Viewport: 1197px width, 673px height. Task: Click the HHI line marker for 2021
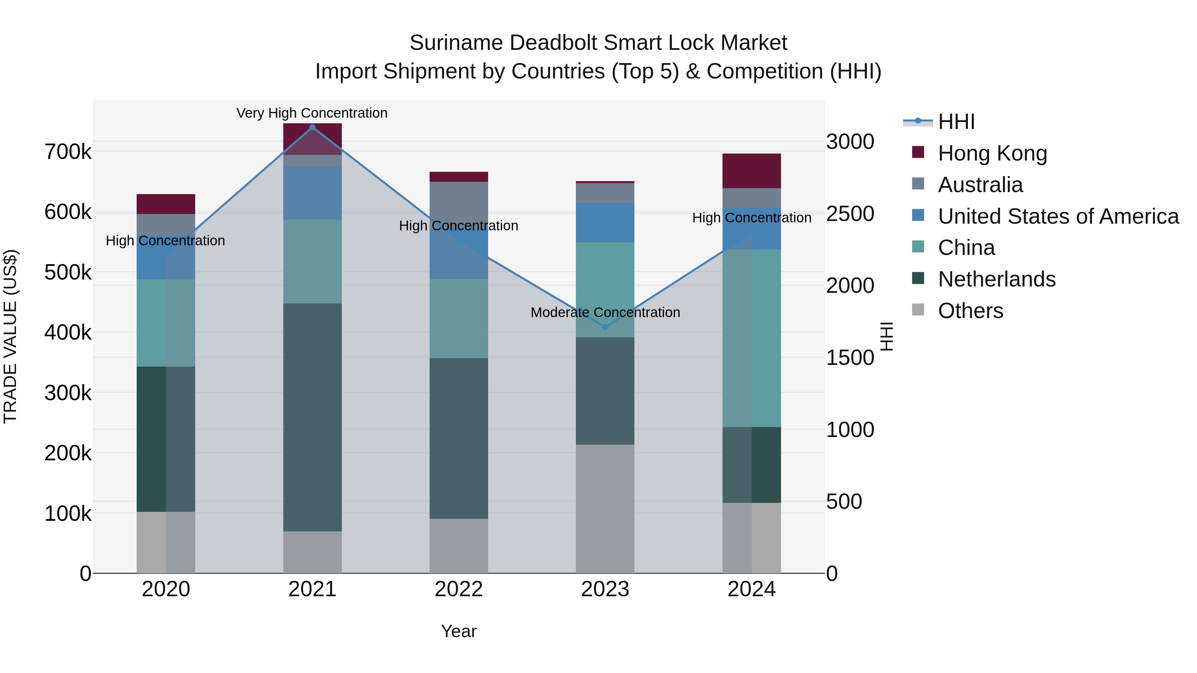(x=312, y=127)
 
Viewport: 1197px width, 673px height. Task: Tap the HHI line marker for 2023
(x=605, y=327)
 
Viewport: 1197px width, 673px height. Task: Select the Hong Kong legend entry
(x=992, y=153)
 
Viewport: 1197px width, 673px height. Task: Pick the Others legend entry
(x=970, y=311)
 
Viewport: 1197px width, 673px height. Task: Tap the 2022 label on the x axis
(x=459, y=589)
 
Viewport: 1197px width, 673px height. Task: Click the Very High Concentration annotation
(x=312, y=113)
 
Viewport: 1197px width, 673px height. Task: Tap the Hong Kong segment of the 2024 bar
(x=751, y=170)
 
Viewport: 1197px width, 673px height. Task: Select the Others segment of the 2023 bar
(x=605, y=508)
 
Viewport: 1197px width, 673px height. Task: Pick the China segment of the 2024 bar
(x=751, y=338)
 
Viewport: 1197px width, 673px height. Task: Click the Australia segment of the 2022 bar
(x=459, y=200)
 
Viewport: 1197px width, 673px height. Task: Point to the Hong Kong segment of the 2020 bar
(x=166, y=204)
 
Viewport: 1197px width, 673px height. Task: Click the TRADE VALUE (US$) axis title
(x=10, y=336)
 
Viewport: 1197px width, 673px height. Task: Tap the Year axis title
(x=459, y=631)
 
